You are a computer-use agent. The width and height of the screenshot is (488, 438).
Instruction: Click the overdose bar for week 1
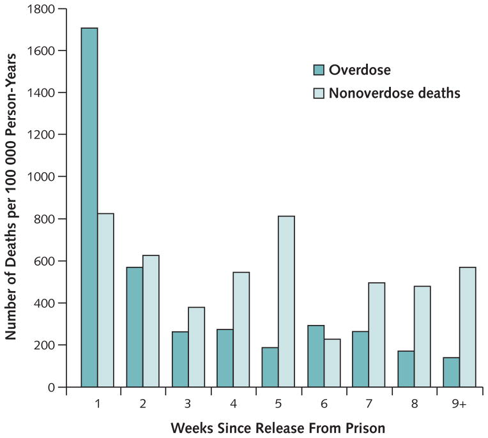(89, 208)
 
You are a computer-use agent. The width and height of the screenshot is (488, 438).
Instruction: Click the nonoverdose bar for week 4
(241, 329)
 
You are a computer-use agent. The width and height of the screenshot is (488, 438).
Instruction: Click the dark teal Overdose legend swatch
(319, 69)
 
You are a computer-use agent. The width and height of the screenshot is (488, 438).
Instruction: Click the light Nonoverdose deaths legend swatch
(319, 93)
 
